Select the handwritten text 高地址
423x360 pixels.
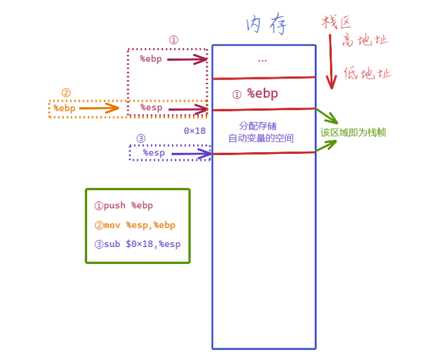[x=365, y=40]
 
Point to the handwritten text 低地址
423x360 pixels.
[x=367, y=73]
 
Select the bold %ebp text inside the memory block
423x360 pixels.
[x=262, y=93]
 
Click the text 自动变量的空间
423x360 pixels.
[x=261, y=139]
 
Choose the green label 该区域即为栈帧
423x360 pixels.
[x=353, y=133]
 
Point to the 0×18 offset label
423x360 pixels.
[x=195, y=131]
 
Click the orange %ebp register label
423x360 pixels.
[x=64, y=108]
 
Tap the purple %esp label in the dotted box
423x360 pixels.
[x=154, y=153]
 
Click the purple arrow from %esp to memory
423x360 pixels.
[x=190, y=154]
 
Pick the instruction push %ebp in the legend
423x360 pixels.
[x=123, y=205]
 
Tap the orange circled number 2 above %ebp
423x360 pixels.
[x=66, y=93]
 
